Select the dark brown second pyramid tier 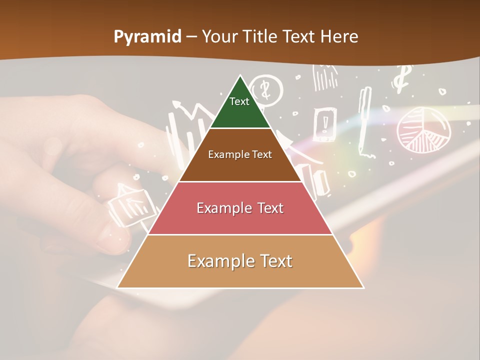coord(240,155)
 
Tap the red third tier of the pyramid coord(240,208)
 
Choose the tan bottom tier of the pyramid coord(240,261)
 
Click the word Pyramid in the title coord(147,36)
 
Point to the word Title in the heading coord(260,36)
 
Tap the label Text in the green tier coord(239,101)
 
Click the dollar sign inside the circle coord(265,90)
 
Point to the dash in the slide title coord(191,36)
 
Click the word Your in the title coord(218,36)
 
